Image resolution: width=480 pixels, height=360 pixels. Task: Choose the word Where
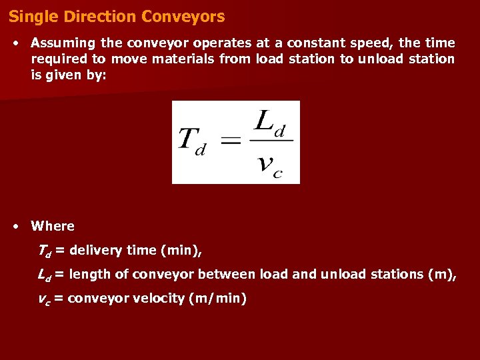point(53,226)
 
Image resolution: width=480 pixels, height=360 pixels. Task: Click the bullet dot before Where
point(15,227)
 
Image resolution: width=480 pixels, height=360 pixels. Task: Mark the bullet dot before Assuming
point(15,43)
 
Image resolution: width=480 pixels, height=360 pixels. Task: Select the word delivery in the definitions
point(93,251)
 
